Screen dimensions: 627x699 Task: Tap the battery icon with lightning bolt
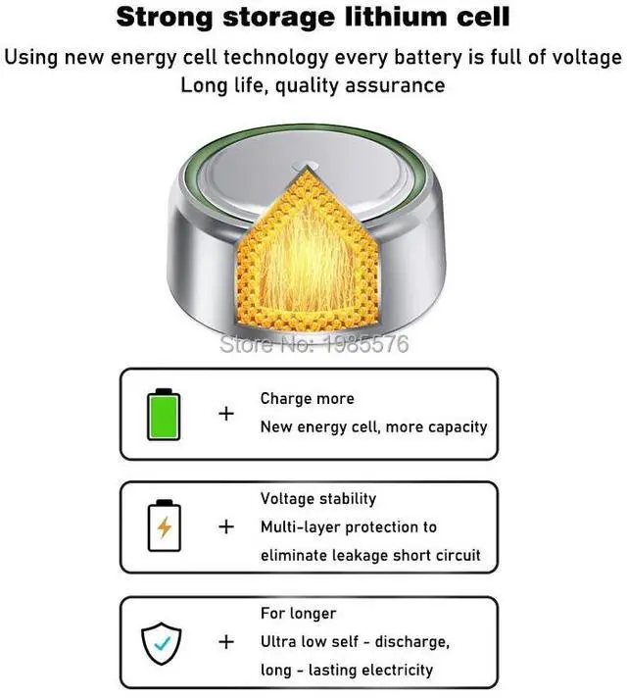tap(164, 526)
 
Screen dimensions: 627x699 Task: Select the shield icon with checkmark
tap(164, 642)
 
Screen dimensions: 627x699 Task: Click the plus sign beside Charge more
tap(226, 413)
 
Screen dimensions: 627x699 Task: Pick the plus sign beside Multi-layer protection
tap(226, 526)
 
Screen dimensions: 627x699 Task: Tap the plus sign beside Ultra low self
tap(226, 642)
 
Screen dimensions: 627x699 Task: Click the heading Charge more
tap(307, 399)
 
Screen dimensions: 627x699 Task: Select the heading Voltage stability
tap(318, 499)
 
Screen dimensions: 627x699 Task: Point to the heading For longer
tap(298, 614)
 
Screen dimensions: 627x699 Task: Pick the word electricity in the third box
tap(391, 671)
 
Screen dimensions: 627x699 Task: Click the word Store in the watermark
tap(241, 344)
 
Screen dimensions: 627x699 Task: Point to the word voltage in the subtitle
tap(587, 55)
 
